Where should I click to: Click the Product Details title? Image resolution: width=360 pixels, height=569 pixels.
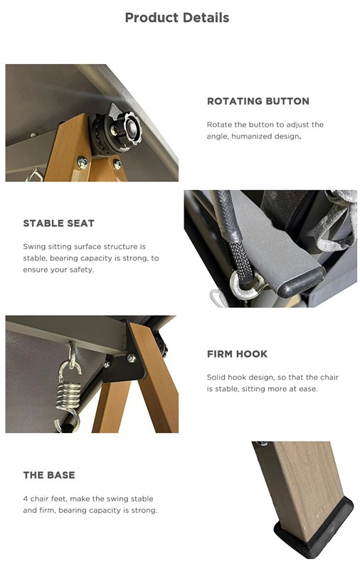[x=177, y=17]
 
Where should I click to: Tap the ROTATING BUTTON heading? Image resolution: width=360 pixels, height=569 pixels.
[x=258, y=101]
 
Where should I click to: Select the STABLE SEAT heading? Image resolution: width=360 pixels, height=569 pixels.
[x=59, y=223]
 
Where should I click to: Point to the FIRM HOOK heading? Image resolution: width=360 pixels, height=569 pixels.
[x=238, y=353]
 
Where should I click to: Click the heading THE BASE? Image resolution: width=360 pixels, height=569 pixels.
[x=49, y=475]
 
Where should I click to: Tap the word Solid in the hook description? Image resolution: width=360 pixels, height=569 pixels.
[x=216, y=377]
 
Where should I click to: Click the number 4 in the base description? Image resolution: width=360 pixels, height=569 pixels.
[x=26, y=499]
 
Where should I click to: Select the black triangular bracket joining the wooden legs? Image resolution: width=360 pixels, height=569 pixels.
[x=123, y=366]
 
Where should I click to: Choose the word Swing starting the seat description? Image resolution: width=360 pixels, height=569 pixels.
[x=34, y=247]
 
